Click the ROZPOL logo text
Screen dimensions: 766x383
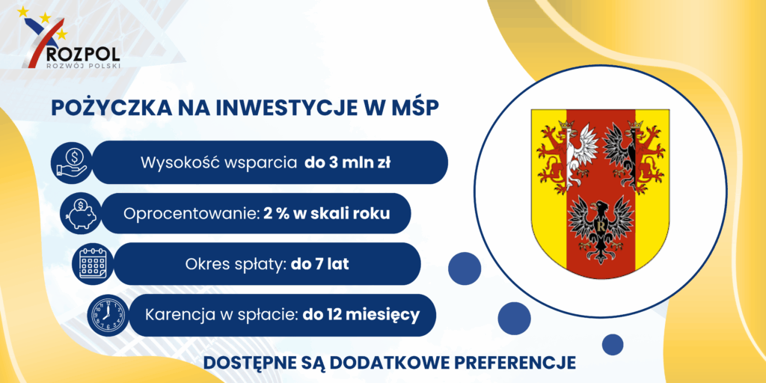pos(81,52)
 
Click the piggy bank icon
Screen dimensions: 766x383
pos(81,213)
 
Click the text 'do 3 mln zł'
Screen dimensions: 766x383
pos(347,162)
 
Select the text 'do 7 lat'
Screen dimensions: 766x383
pos(320,264)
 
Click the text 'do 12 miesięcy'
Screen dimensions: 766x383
pos(361,315)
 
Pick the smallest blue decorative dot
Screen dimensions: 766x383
pos(613,344)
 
